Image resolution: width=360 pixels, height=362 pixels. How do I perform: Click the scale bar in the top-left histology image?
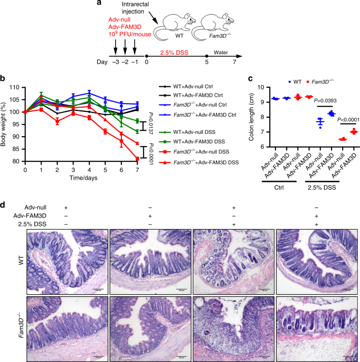coord(98,288)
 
